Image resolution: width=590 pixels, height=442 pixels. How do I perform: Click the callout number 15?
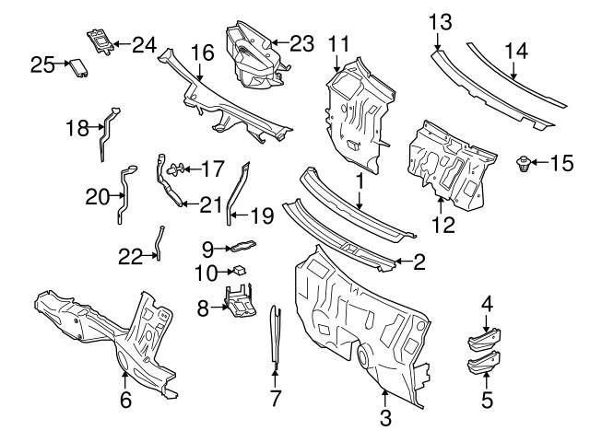[x=561, y=164]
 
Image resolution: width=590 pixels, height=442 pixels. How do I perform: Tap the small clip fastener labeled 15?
[x=523, y=166]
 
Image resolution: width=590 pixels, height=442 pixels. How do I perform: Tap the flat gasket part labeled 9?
[x=242, y=246]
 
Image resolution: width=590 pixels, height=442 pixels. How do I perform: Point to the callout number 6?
[x=125, y=400]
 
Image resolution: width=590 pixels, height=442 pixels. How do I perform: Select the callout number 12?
[x=444, y=224]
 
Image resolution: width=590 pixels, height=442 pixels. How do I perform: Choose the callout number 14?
[x=516, y=52]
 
